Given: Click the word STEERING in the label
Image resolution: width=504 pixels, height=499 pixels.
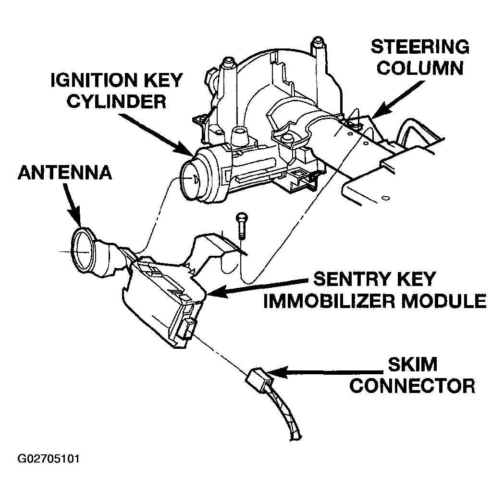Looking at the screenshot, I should point(420,47).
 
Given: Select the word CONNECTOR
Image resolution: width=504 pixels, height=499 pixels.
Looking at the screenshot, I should point(412,385).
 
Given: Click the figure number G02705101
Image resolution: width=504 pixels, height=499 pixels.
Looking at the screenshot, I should point(48,459).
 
